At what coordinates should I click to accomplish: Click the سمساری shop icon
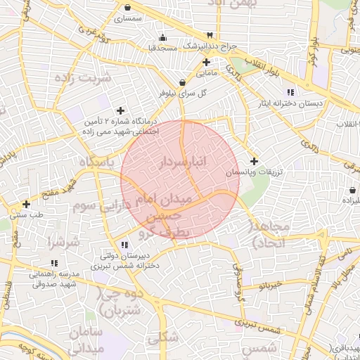126,8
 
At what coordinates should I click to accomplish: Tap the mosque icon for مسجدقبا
163,38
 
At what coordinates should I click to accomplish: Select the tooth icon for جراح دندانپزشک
209,36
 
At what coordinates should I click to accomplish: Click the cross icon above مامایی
205,62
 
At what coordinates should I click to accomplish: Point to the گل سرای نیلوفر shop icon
182,82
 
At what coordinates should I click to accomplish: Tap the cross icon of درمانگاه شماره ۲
121,110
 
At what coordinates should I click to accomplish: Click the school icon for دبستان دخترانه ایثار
290,93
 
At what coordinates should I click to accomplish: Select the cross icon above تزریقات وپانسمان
254,161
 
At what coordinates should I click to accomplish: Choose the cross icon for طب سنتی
26,204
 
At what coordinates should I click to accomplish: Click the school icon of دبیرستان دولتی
124,245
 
